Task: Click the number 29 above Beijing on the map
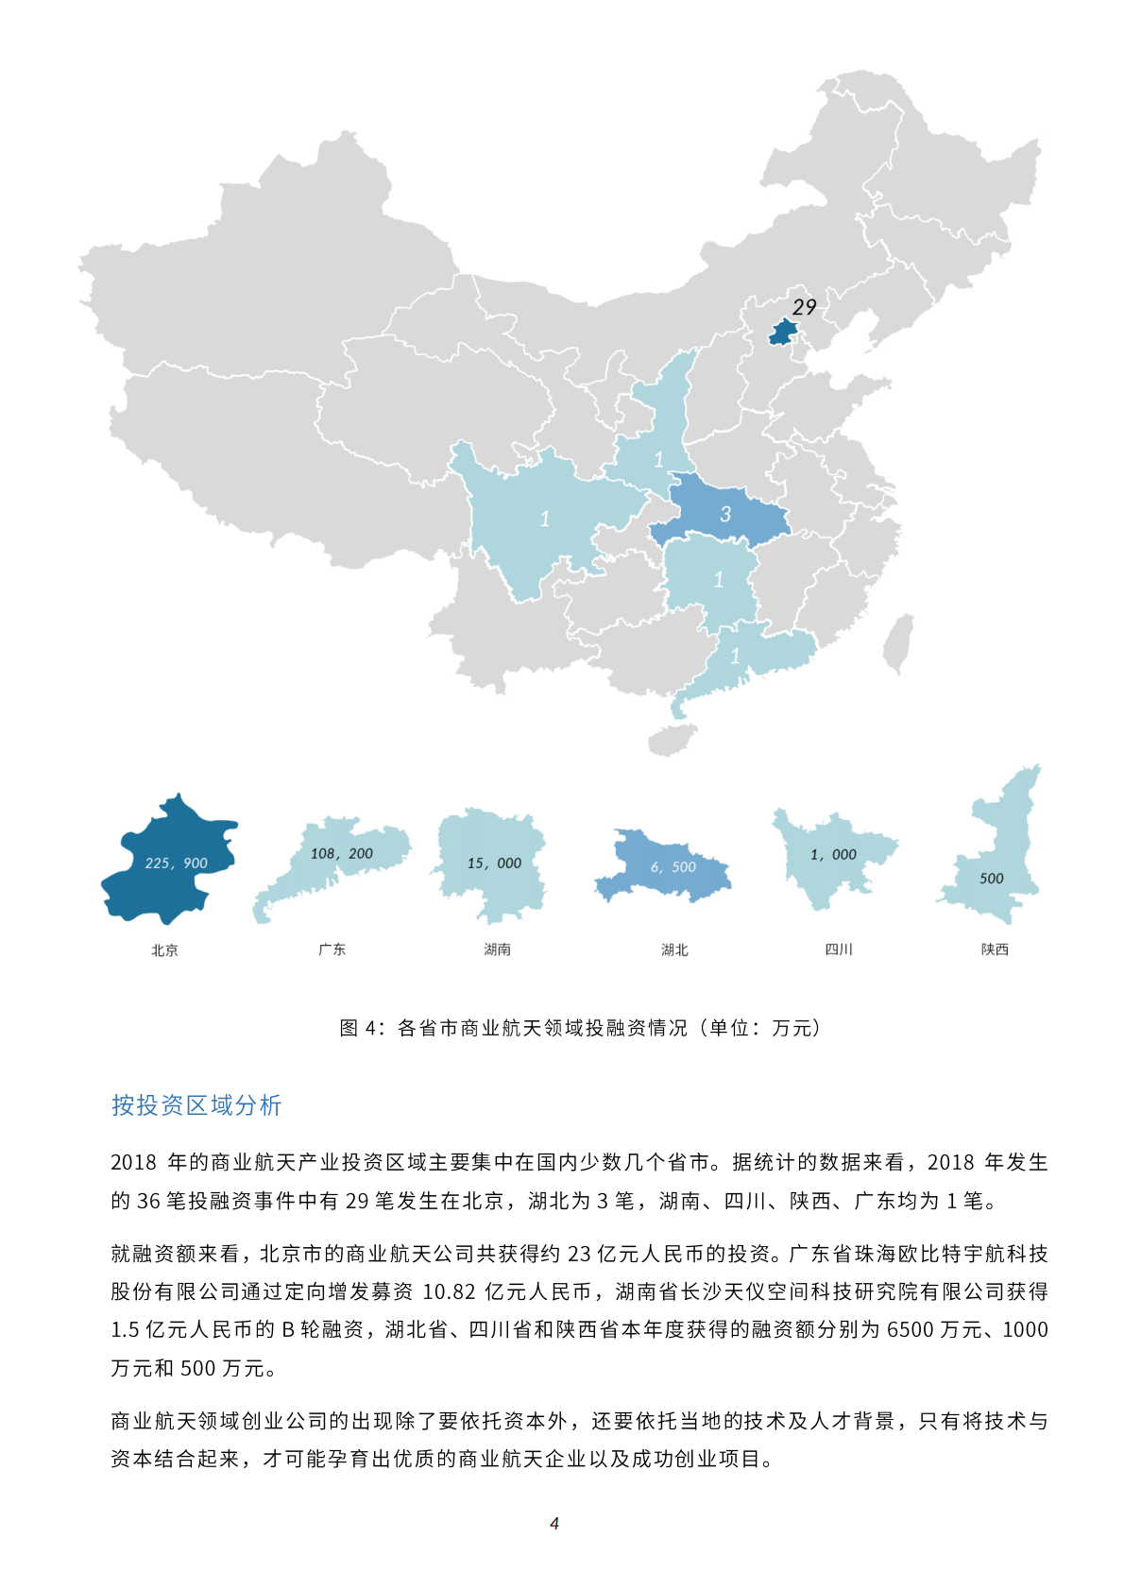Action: coord(804,307)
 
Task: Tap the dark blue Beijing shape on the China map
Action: coord(783,333)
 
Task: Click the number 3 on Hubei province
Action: coord(725,514)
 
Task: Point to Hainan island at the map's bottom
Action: coord(672,740)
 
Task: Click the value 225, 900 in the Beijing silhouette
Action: coord(176,863)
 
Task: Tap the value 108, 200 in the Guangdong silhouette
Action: coord(341,853)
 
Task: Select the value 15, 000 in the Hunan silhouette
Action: coord(494,863)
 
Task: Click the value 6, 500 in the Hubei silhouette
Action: coord(673,866)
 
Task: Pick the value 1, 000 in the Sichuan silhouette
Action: coord(833,854)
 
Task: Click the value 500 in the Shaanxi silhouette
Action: coord(991,878)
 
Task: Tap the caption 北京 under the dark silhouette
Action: coord(164,950)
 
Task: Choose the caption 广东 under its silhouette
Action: coord(332,949)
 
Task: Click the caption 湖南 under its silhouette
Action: coord(497,949)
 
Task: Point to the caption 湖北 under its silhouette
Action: coord(674,949)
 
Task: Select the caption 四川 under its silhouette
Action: coord(839,949)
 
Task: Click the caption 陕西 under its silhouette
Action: coord(995,949)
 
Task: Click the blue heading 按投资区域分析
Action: coord(196,1105)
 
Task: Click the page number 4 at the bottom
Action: coord(554,1523)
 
